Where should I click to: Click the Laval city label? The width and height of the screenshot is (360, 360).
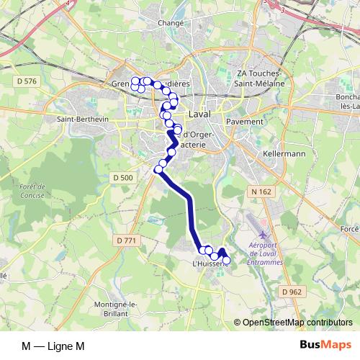pyautogui.click(x=199, y=115)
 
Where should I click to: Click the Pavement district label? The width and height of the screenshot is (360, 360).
pyautogui.click(x=245, y=122)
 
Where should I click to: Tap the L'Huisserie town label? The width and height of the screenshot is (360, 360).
pyautogui.click(x=210, y=264)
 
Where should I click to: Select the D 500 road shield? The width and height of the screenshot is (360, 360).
pyautogui.click(x=123, y=177)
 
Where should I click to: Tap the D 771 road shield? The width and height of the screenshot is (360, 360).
pyautogui.click(x=126, y=240)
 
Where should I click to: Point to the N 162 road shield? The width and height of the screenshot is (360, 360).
pyautogui.click(x=261, y=190)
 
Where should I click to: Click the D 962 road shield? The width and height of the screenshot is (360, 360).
pyautogui.click(x=292, y=291)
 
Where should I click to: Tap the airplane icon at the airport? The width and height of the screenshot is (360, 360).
pyautogui.click(x=262, y=235)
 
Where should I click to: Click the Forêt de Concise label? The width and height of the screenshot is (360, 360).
pyautogui.click(x=33, y=190)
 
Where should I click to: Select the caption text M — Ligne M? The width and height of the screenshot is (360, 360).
pyautogui.click(x=53, y=346)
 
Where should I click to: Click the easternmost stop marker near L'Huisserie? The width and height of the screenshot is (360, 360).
pyautogui.click(x=226, y=260)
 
